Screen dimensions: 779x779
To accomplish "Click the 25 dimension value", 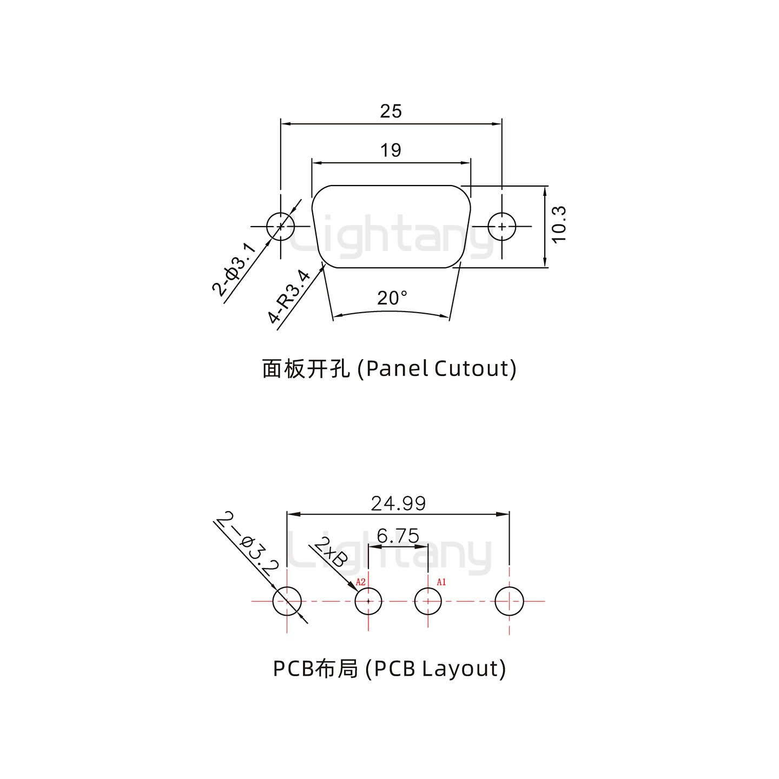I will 391,111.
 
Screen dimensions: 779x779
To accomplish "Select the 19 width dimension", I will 391,150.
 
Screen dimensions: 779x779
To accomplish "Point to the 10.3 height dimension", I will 559,225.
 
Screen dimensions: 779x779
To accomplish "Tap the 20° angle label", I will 392,298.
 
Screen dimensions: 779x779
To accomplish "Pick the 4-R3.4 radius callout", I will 289,297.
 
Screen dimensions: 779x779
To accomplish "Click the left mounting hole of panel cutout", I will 281,226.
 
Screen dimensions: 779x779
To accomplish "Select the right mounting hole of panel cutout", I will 502,226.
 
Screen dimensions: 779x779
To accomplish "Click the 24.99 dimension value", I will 398,504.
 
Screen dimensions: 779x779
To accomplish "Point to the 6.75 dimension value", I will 398,536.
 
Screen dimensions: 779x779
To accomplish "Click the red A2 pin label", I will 361,582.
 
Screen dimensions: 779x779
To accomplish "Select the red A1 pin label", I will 441,582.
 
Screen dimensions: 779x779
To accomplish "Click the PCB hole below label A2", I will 368,601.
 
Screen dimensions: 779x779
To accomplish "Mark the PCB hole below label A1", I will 428,601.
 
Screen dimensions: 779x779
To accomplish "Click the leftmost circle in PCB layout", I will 287,601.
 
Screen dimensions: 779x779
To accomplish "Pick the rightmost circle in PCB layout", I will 510,601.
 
